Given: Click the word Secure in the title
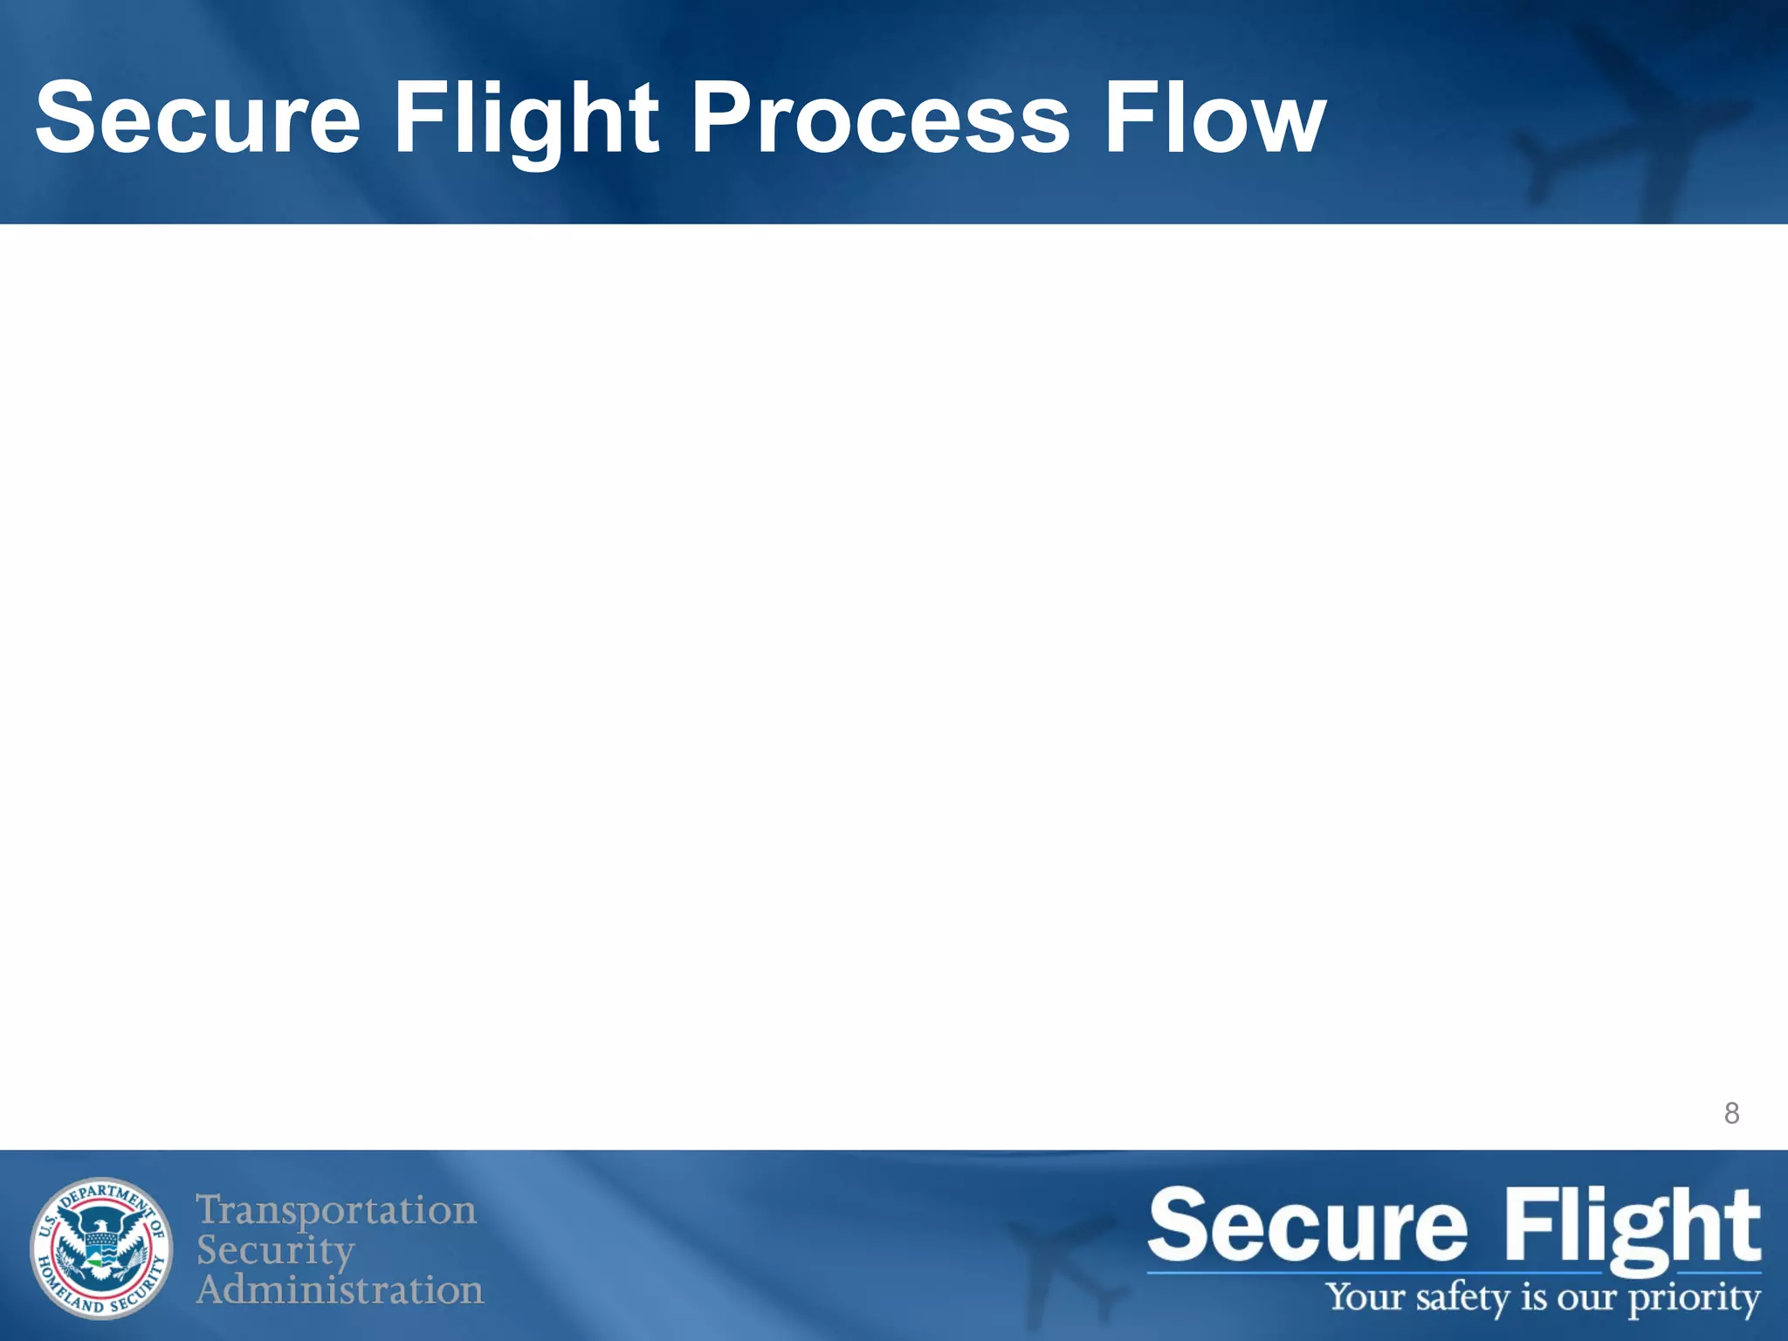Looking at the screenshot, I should pos(197,118).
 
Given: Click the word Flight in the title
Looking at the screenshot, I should pos(526,118).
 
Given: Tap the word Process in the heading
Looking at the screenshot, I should pos(880,118).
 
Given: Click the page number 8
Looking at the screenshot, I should pos(1731,1114).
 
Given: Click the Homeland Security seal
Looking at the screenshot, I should pos(102,1248).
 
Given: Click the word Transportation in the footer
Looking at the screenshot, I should pos(336,1211).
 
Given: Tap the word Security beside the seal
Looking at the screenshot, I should pos(275,1250).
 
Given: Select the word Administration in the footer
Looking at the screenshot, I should pos(340,1289).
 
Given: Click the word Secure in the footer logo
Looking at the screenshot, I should pos(1307,1227).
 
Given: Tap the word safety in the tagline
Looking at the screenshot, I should pos(1464,1298).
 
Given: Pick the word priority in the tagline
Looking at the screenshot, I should pos(1694,1298).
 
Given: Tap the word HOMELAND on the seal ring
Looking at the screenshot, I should pos(61,1284).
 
